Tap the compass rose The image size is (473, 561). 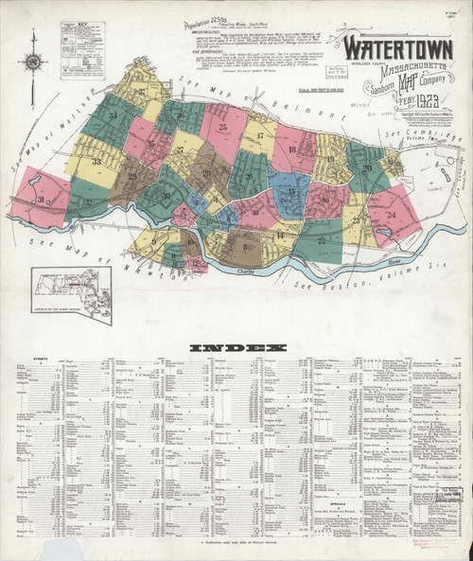(34, 61)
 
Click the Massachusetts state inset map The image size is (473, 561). (70, 293)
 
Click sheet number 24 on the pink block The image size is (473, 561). (391, 214)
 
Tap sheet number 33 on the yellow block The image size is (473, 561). (96, 163)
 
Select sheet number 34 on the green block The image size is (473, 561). (113, 116)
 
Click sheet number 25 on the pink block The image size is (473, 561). (222, 127)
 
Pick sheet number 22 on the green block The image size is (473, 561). (322, 240)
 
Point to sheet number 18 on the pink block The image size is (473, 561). (291, 149)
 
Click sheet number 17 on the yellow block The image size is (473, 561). (258, 138)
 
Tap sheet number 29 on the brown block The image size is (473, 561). (131, 176)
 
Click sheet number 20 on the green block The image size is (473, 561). (366, 167)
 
